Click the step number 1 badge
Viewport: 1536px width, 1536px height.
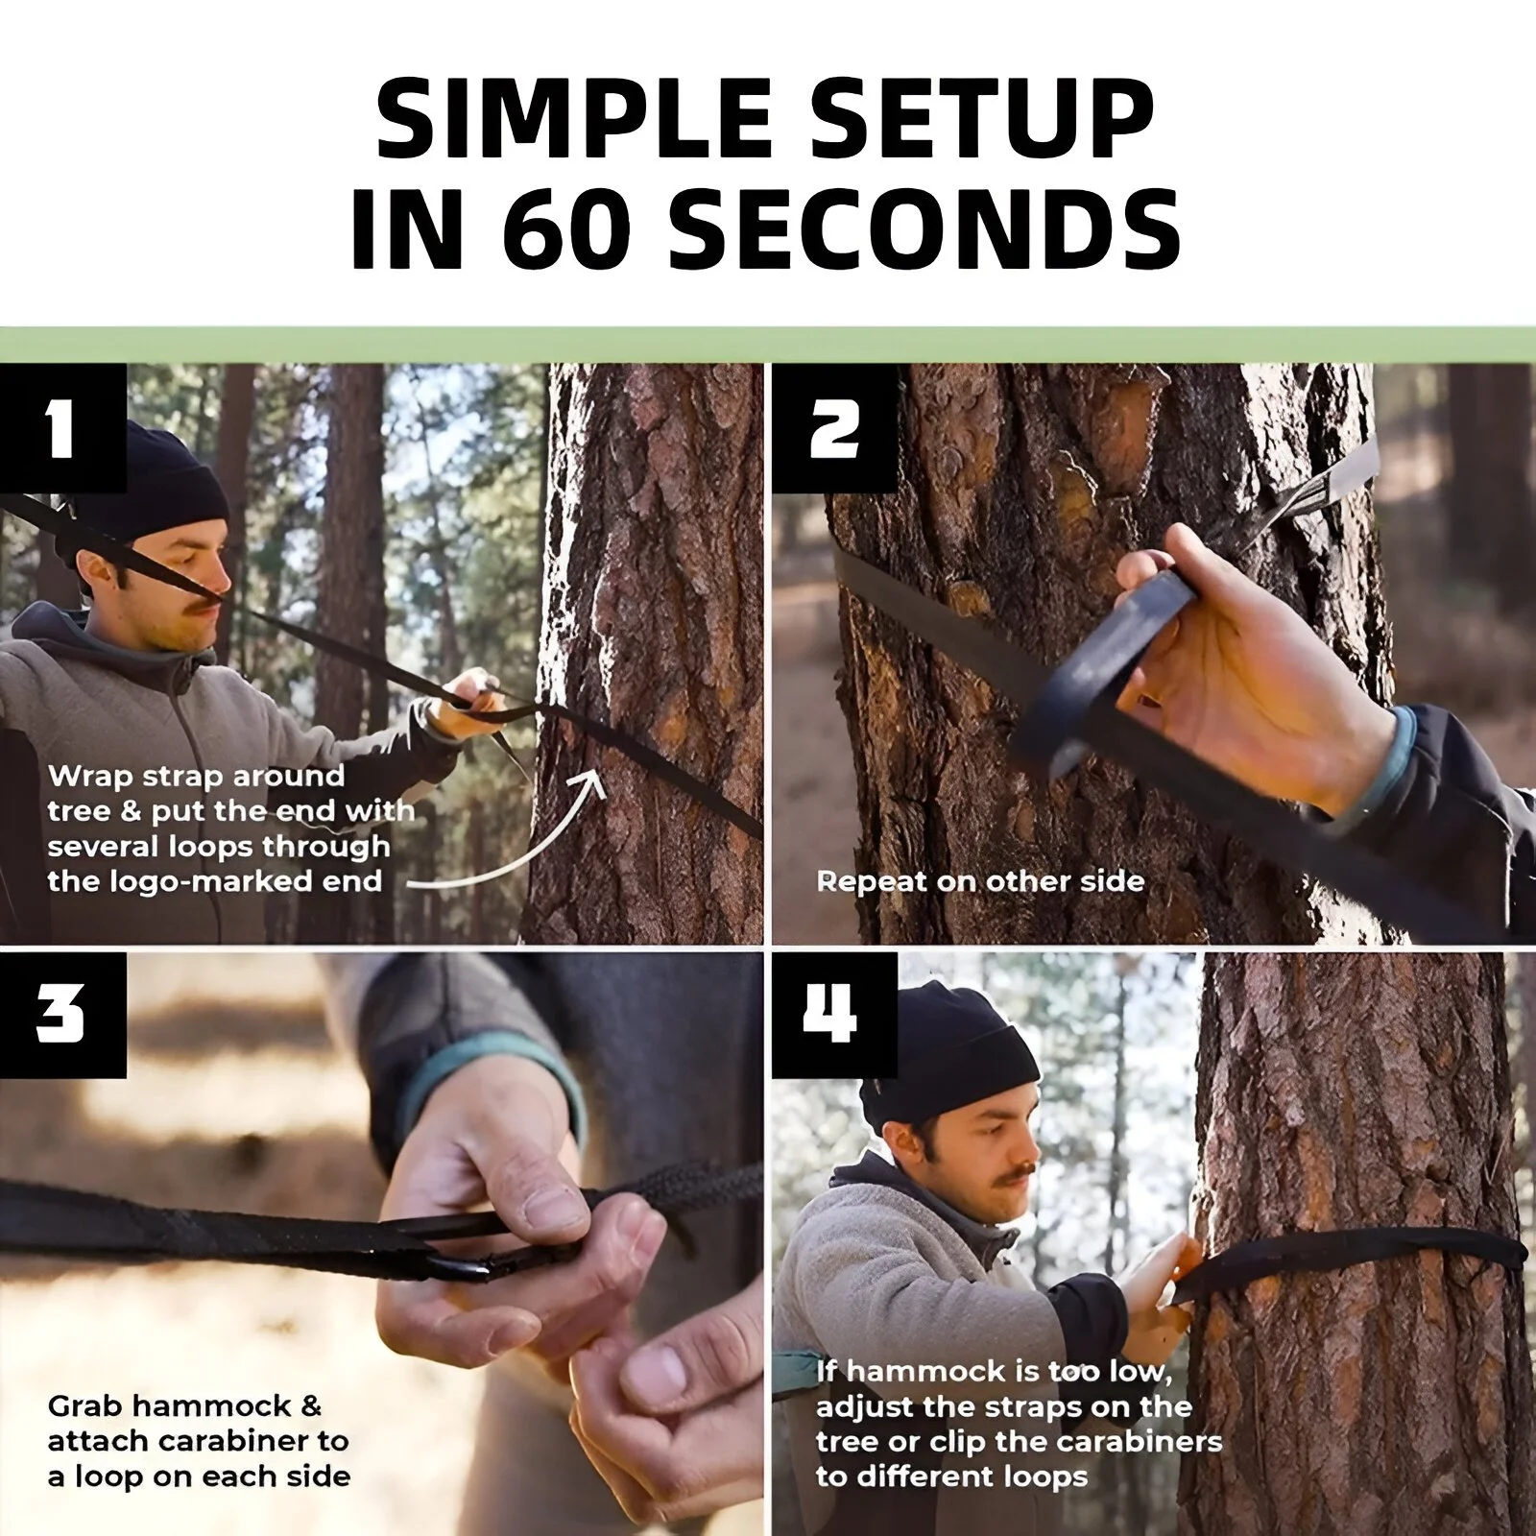tap(63, 428)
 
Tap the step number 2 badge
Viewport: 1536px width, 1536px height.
tap(835, 428)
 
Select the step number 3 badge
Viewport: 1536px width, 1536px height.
tap(63, 1014)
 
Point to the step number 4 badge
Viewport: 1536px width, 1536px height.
tap(835, 1014)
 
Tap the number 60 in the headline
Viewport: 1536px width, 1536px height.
tap(566, 230)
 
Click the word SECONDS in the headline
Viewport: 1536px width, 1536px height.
tap(925, 230)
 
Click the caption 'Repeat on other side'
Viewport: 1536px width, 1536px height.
tap(980, 881)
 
